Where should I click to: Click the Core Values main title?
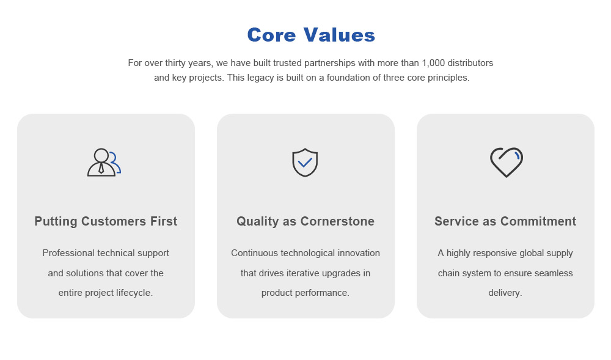[311, 35]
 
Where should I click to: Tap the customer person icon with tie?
[103, 163]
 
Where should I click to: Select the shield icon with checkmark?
[305, 163]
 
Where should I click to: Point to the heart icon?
[506, 162]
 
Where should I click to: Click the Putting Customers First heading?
[106, 221]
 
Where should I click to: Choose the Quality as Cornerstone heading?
[305, 221]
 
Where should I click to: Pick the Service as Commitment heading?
[505, 221]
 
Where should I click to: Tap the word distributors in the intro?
[471, 63]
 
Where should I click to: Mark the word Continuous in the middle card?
[253, 253]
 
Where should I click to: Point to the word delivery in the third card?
[505, 293]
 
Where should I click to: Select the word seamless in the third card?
[554, 273]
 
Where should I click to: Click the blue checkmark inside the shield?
[305, 163]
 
